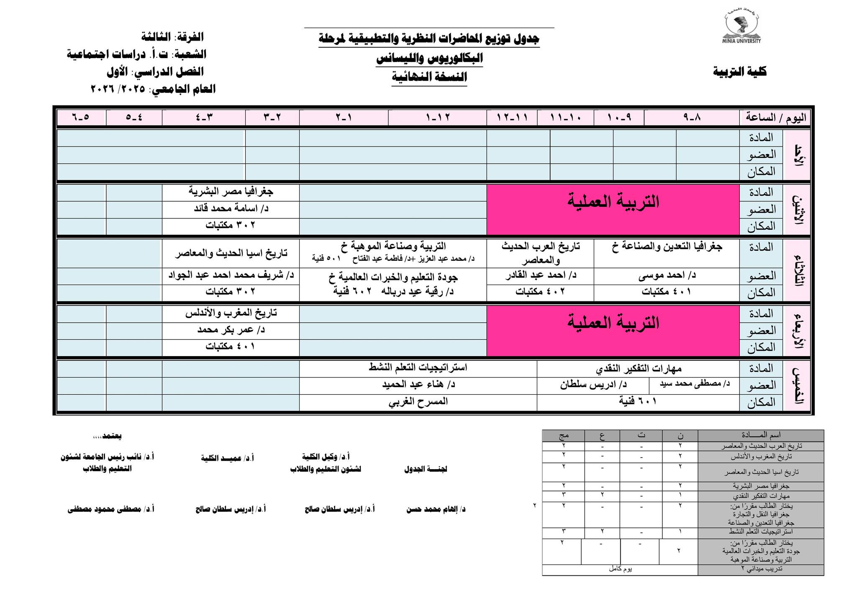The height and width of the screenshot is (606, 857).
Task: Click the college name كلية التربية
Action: tap(739, 72)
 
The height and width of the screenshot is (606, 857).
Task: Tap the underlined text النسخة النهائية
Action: tap(429, 77)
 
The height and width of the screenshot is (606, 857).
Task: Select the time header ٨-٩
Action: tap(692, 118)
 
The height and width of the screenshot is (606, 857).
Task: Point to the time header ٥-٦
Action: tap(81, 118)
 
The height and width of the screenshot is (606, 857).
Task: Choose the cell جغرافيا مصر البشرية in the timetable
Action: tap(231, 192)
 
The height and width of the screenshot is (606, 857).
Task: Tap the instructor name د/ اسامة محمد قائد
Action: tap(231, 208)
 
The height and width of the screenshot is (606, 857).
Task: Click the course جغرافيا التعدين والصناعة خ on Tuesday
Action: tap(667, 247)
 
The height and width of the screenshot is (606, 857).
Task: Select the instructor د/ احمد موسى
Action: tap(667, 276)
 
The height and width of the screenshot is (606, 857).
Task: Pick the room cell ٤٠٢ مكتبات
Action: tap(540, 292)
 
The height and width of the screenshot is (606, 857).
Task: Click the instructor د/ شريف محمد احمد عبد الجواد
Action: tap(231, 276)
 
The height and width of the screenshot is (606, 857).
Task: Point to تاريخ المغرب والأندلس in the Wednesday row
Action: tap(231, 313)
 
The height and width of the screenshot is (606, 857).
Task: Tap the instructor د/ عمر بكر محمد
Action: tap(231, 330)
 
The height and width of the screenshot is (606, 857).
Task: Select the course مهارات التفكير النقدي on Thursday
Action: tap(639, 369)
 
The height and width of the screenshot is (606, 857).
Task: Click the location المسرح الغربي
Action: tap(418, 402)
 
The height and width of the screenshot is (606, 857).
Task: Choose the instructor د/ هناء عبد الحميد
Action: tap(418, 385)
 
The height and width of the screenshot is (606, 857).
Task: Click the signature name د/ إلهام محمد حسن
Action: tap(436, 510)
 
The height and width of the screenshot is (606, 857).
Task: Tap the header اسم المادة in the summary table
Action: tap(760, 435)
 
